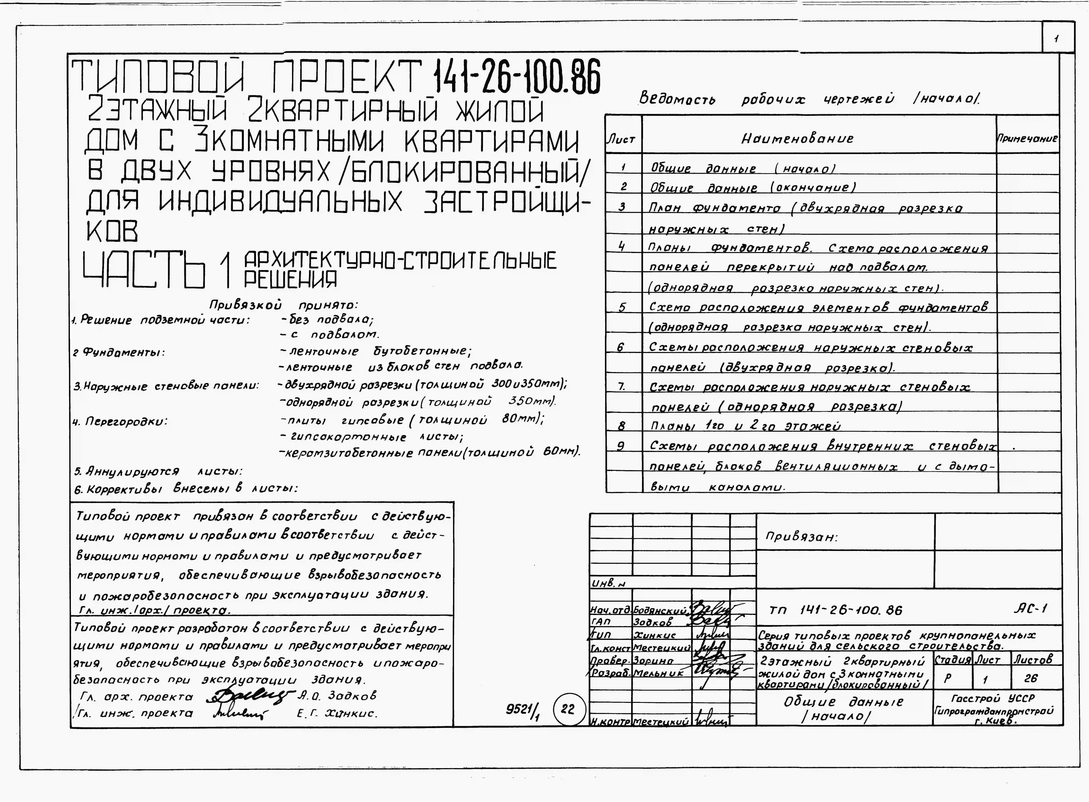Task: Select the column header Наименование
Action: [797, 139]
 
